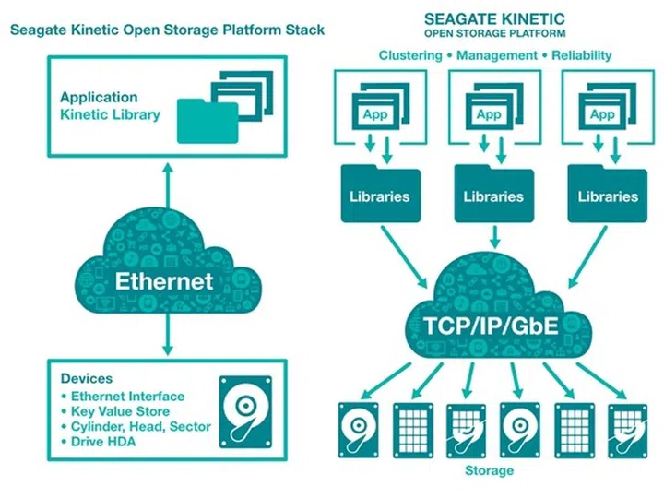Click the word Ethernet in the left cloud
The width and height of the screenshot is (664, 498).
pyautogui.click(x=164, y=280)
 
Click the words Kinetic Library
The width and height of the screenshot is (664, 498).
pyautogui.click(x=110, y=115)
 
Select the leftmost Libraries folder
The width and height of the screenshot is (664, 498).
pyautogui.click(x=380, y=196)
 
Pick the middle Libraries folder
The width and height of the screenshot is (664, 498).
pyautogui.click(x=493, y=196)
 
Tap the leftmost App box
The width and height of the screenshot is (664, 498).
pyautogui.click(x=374, y=115)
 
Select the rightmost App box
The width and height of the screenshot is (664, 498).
pyautogui.click(x=602, y=115)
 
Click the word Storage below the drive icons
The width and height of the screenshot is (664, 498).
pyautogui.click(x=490, y=471)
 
